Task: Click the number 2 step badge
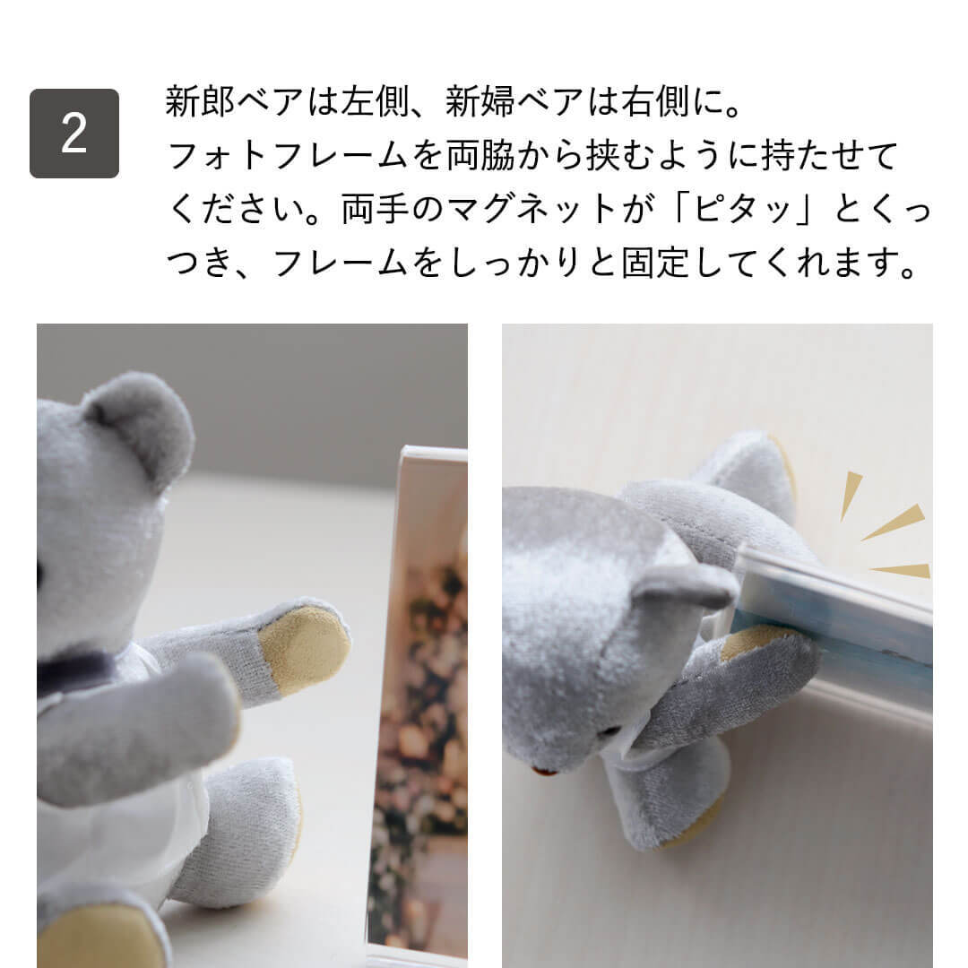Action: tap(74, 134)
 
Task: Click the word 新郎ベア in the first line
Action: tap(234, 101)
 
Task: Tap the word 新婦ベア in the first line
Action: tap(514, 101)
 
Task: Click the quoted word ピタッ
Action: tap(743, 209)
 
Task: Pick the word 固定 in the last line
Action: tap(655, 263)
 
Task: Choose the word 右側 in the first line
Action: tap(655, 101)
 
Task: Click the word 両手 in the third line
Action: tap(376, 209)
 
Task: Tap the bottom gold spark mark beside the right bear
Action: tap(902, 570)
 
